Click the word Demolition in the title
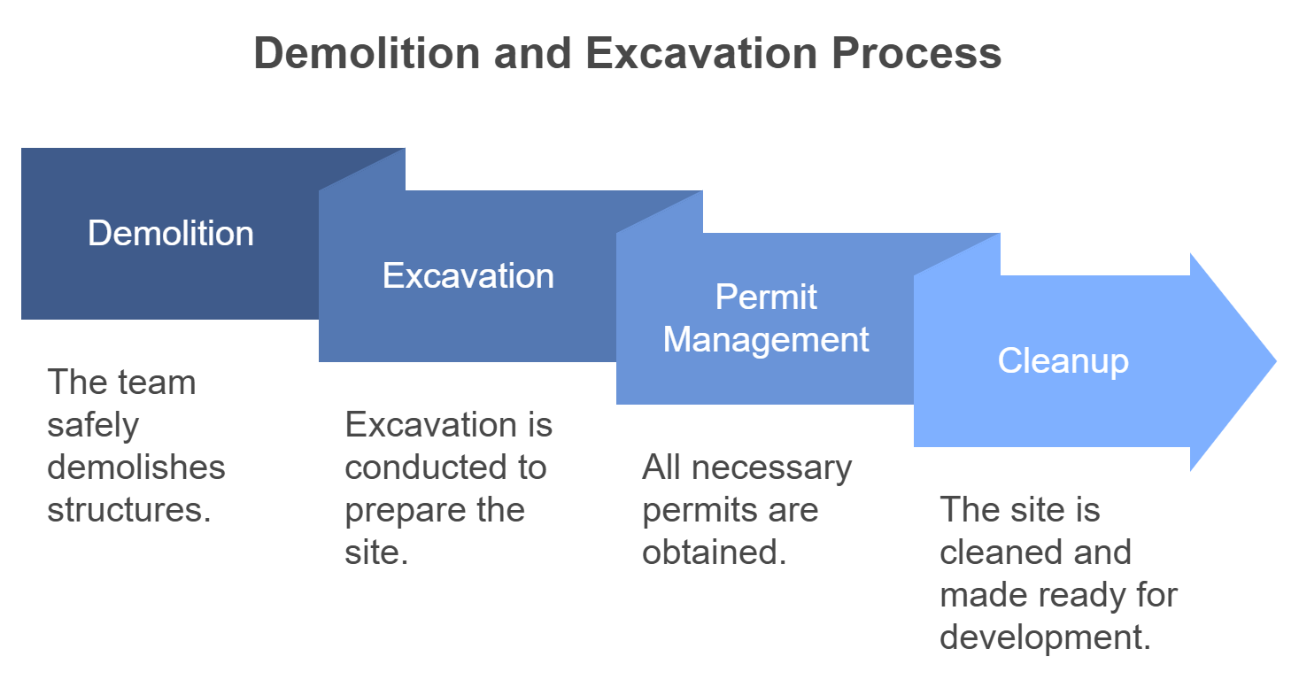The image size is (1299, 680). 367,53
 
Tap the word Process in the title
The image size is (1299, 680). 916,53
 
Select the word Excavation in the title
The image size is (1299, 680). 701,53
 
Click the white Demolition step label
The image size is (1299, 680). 171,233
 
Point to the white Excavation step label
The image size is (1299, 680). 468,275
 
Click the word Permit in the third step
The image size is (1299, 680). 765,297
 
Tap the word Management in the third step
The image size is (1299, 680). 765,339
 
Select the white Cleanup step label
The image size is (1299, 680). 1063,360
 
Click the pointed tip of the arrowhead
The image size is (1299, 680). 1276,361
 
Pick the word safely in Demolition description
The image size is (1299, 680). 93,426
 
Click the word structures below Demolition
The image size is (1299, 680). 129,510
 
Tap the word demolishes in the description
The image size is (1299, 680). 136,467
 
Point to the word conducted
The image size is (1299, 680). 426,467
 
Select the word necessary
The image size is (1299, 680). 772,468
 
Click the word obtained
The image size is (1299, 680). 715,552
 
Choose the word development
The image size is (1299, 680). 1045,637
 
